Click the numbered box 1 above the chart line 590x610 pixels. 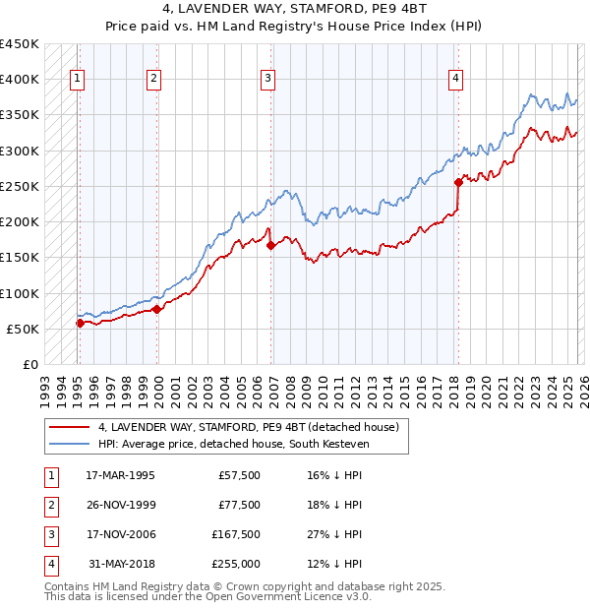tap(78, 81)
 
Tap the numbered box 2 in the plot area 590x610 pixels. tap(154, 81)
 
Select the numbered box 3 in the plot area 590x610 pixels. tap(268, 81)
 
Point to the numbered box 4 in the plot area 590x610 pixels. tap(456, 81)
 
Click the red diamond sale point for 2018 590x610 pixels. tap(458, 182)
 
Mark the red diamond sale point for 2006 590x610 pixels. tap(270, 245)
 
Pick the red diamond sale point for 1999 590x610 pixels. tap(157, 309)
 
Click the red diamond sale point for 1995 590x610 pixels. tap(80, 323)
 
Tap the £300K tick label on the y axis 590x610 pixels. tap(19, 151)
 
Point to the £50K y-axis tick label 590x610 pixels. tap(23, 329)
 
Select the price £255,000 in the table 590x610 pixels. tap(237, 564)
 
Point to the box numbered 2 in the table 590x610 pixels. tap(50, 506)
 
